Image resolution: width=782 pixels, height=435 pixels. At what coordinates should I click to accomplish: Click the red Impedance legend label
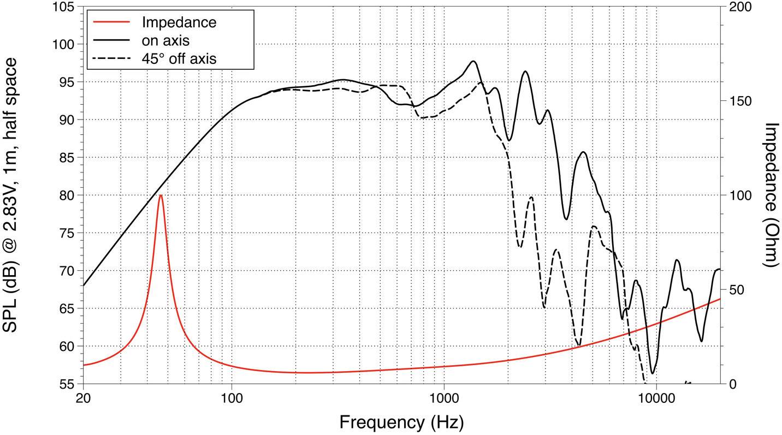(179, 22)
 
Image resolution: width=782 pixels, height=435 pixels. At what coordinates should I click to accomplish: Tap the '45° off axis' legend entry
(179, 58)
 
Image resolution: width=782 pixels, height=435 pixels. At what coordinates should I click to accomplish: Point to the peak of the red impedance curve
(161, 195)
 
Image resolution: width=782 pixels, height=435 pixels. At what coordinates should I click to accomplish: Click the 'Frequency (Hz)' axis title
(401, 422)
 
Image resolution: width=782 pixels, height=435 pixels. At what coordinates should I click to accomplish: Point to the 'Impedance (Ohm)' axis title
(770, 195)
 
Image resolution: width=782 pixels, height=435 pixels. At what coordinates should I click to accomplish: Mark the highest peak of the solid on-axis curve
(473, 61)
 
